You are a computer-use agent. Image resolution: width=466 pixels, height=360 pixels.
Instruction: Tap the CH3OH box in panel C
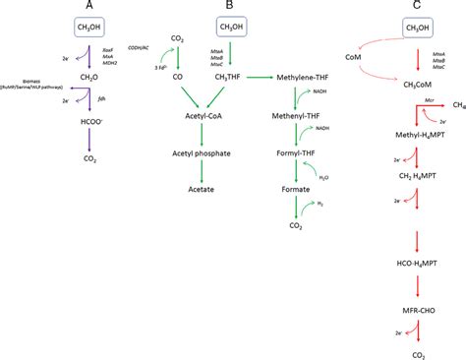(x=401, y=30)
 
